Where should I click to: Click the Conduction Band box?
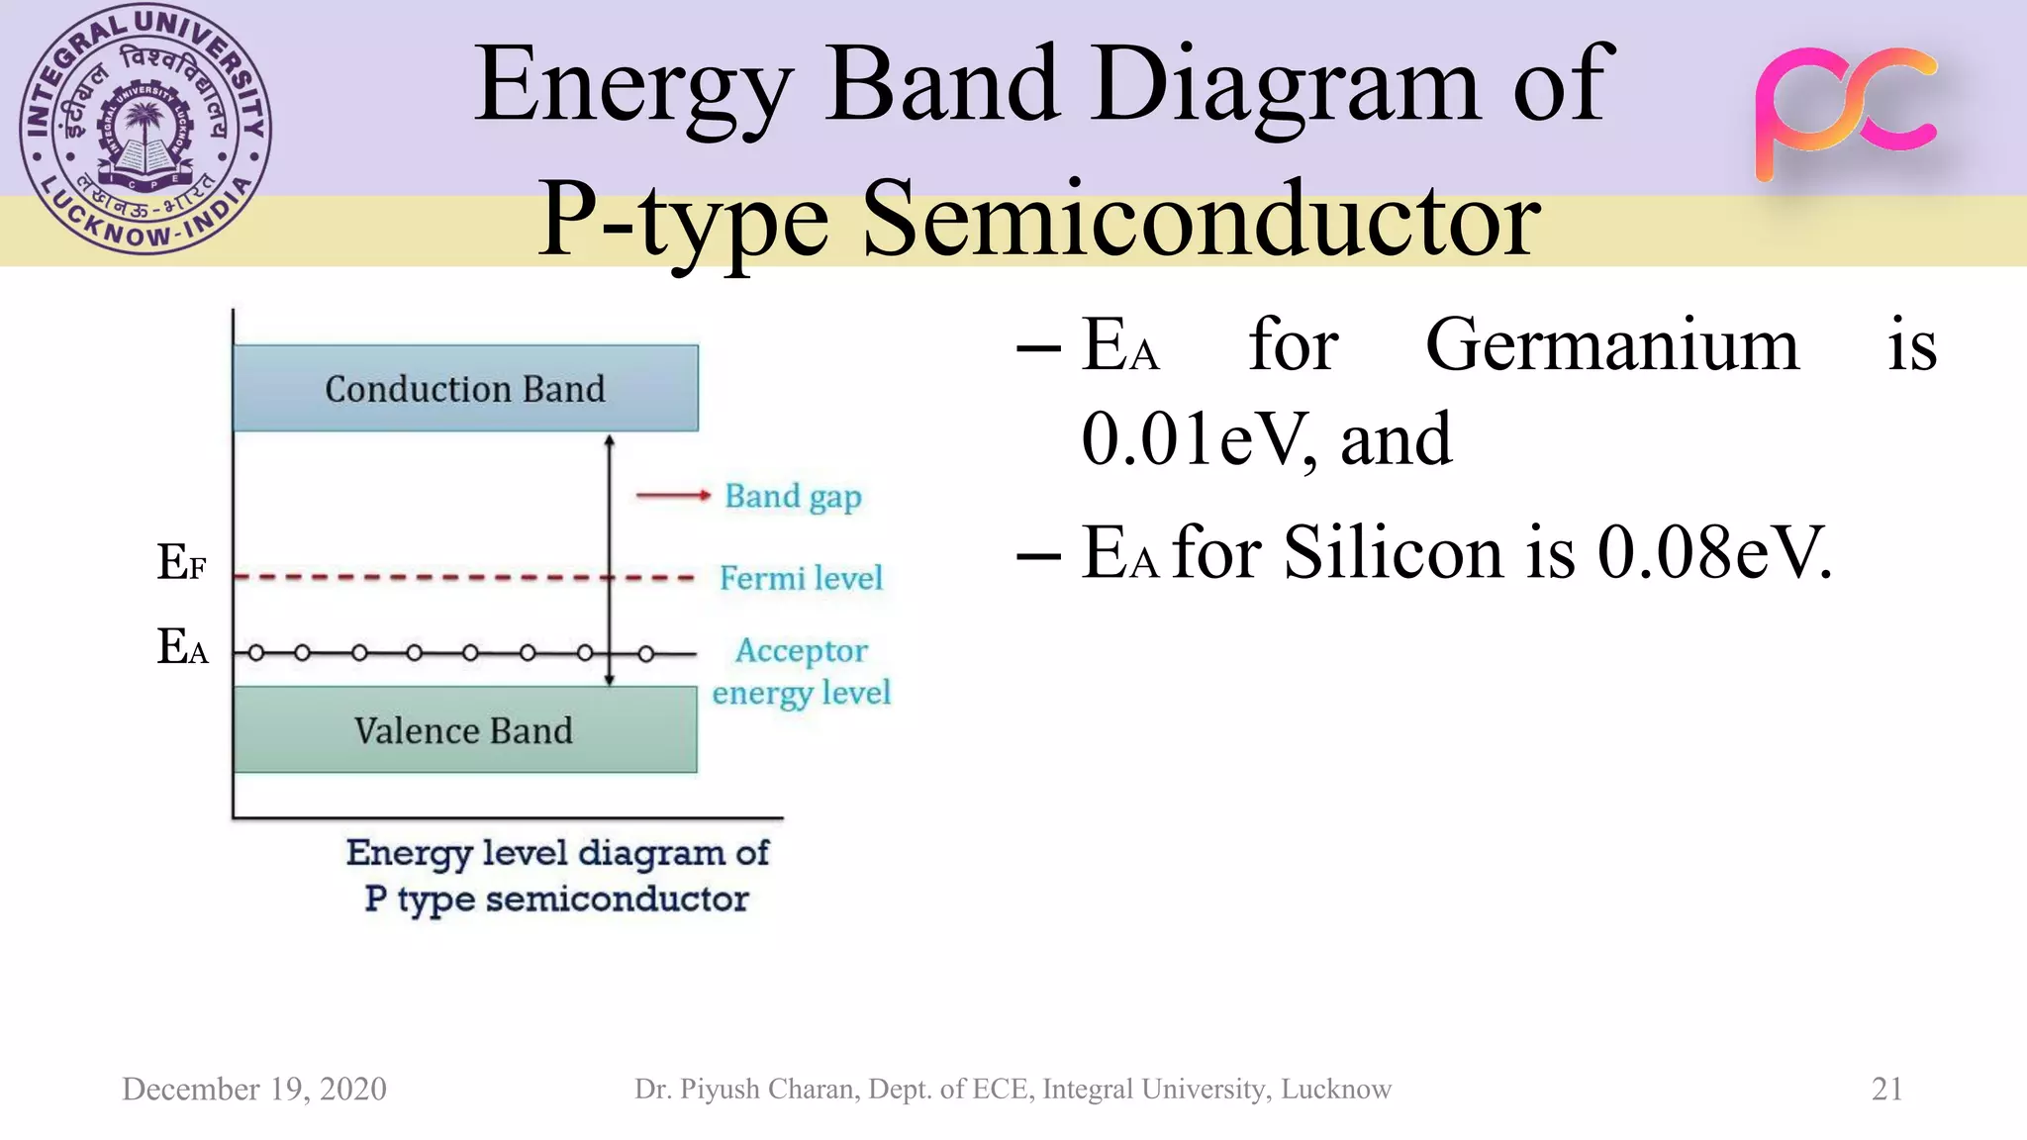pyautogui.click(x=465, y=388)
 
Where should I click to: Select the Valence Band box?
pyautogui.click(x=465, y=729)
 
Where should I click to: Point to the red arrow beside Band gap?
pyautogui.click(x=672, y=495)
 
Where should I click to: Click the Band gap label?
pyautogui.click(x=793, y=497)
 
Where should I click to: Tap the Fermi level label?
pyautogui.click(x=801, y=578)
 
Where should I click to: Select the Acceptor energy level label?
pyautogui.click(x=802, y=672)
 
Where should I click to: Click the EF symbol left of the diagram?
pyautogui.click(x=182, y=562)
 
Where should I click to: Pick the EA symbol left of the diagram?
pyautogui.click(x=183, y=647)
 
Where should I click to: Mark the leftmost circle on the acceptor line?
pyautogui.click(x=256, y=653)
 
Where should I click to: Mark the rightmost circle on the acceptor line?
pyautogui.click(x=646, y=653)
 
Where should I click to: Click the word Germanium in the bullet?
pyautogui.click(x=1611, y=345)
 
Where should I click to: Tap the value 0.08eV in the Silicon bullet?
pyautogui.click(x=1714, y=552)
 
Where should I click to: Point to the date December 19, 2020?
pyautogui.click(x=254, y=1089)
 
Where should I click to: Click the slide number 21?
pyautogui.click(x=1886, y=1089)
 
